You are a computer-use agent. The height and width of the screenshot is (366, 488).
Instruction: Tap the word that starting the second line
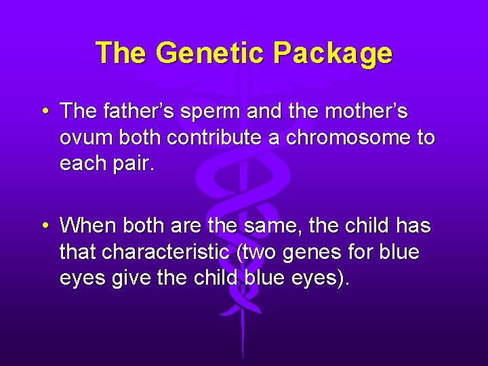click(x=77, y=252)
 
